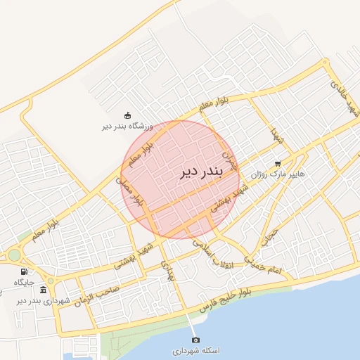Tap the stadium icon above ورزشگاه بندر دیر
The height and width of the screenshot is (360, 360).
[127, 116]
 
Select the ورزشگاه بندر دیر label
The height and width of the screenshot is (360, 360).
[127, 127]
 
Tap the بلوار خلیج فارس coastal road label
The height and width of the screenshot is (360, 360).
[265, 283]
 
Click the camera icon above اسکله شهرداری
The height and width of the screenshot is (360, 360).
[195, 340]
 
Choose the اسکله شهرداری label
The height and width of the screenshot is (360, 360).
[195, 349]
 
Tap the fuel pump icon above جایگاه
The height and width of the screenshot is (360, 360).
[25, 271]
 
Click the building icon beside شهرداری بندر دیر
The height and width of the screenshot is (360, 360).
[44, 290]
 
